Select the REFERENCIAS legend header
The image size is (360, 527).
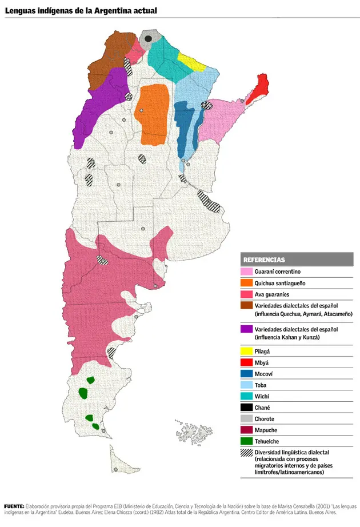[x=264, y=259]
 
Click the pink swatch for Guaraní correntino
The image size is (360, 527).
[x=247, y=271]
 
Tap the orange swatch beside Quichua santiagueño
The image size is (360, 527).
[x=247, y=282]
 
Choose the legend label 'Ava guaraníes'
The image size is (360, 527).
[x=272, y=294]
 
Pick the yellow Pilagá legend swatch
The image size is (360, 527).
[x=247, y=350]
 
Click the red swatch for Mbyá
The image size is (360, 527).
[x=247, y=362]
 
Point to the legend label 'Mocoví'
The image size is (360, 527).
[x=264, y=373]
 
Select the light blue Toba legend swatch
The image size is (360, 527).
[x=247, y=385]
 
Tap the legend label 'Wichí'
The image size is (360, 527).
[x=262, y=396]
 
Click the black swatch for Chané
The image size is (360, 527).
[x=247, y=408]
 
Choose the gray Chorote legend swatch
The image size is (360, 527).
[x=247, y=419]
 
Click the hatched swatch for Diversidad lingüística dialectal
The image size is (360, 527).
[x=247, y=453]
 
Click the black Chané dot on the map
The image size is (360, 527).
[x=148, y=38]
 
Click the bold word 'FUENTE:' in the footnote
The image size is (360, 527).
[x=14, y=506]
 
